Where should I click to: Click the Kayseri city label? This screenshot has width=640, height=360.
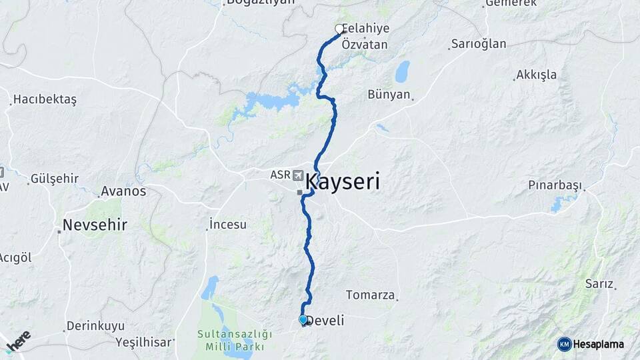(x=343, y=181)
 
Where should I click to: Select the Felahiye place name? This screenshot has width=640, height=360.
(x=367, y=29)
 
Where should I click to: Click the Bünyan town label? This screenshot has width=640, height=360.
(x=389, y=94)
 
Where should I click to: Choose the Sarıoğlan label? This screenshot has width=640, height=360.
(x=479, y=44)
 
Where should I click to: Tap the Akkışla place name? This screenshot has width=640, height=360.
(x=537, y=75)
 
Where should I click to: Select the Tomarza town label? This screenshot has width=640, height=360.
(x=371, y=294)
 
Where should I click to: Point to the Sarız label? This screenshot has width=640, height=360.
(x=599, y=283)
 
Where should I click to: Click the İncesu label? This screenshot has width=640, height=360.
(x=227, y=223)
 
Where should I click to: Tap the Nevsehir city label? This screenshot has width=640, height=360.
(x=95, y=224)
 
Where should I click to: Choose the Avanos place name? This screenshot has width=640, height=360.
(x=123, y=191)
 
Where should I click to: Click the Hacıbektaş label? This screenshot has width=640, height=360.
(x=45, y=99)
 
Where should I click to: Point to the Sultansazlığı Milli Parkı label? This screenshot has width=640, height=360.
(x=235, y=340)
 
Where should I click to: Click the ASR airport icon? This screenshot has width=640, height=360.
(x=297, y=175)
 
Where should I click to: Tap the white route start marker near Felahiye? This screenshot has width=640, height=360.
(x=339, y=29)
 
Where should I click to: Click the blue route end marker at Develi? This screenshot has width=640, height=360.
(x=303, y=320)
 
